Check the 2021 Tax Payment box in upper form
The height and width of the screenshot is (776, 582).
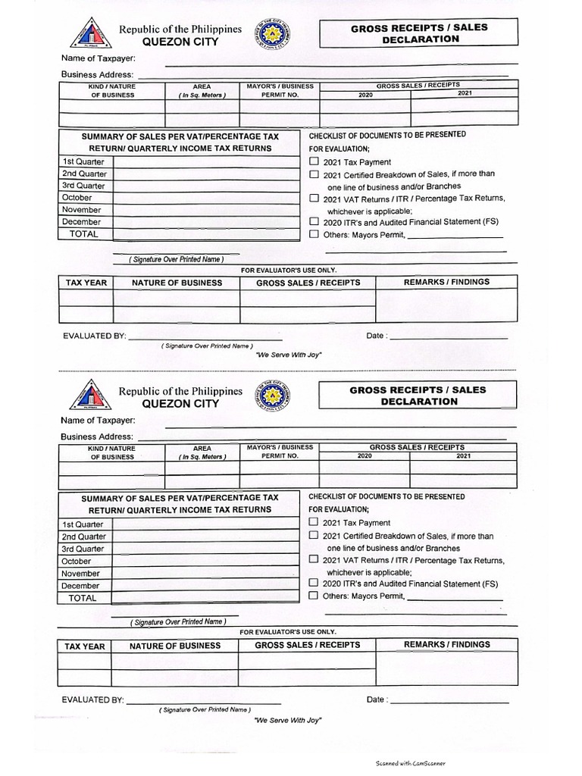pos(314,162)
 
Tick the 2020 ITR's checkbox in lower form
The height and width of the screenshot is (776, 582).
pos(314,584)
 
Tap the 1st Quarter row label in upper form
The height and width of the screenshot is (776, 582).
pos(83,161)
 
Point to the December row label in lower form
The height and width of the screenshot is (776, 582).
pos(80,586)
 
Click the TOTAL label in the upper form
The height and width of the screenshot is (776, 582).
pos(83,234)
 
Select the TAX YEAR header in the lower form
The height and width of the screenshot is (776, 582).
pos(85,646)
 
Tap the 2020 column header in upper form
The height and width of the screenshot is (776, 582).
pos(365,95)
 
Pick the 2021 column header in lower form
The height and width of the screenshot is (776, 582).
pos(463,456)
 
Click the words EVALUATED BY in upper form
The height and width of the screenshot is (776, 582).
pos(94,336)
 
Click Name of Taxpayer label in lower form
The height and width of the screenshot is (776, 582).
pos(99,420)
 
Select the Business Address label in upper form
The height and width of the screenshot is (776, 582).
pos(97,74)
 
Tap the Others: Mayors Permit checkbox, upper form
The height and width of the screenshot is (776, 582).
pos(314,235)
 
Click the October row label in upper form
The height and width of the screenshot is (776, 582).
pos(77,198)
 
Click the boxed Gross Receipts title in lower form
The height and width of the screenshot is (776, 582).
pos(418,396)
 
